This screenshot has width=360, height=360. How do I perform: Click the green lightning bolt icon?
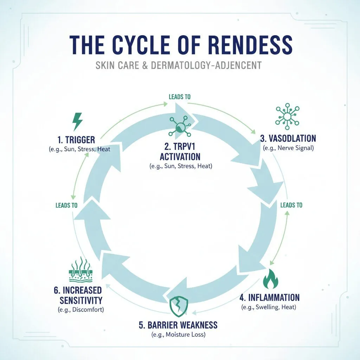coord(77,122)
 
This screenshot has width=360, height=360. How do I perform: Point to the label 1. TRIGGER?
coord(76,140)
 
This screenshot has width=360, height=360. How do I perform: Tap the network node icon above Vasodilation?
coord(287,115)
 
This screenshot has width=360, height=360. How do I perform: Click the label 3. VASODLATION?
coord(288,138)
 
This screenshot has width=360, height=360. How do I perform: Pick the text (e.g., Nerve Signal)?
coord(288,148)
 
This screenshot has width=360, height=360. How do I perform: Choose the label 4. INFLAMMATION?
coord(270,297)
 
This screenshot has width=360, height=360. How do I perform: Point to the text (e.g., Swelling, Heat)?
coord(269,307)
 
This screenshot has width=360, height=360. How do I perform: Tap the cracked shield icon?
coord(179,305)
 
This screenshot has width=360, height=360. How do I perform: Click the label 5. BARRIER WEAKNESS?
coord(178,324)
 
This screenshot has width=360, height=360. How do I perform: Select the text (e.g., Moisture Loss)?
coord(178,335)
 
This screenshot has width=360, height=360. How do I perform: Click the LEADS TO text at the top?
coord(180,97)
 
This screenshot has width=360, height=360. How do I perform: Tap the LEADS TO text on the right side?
coord(291,205)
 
